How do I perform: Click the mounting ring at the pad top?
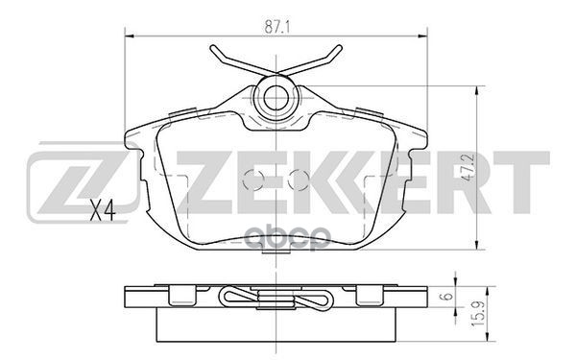tap(279, 96)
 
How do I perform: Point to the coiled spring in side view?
tap(279, 298)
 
